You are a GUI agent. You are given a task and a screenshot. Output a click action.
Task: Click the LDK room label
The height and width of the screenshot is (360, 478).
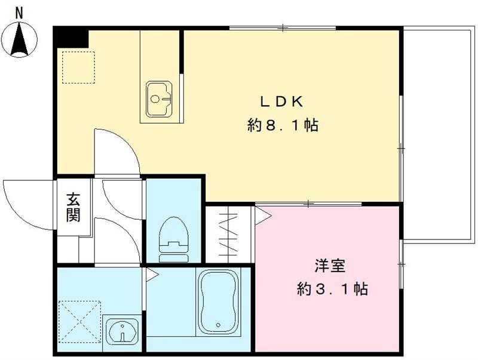coord(282,101)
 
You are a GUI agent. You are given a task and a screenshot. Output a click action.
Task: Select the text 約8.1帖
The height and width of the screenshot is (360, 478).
coord(282,126)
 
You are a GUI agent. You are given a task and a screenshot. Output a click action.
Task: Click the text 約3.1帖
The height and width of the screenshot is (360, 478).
coord(332,290)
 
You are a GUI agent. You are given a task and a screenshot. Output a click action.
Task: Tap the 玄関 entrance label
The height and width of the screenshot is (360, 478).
coord(73,207)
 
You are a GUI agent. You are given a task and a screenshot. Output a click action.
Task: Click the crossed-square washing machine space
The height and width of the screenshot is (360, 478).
coord(80,321)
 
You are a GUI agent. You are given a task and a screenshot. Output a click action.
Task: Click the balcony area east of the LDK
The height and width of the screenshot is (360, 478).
coord(437,131)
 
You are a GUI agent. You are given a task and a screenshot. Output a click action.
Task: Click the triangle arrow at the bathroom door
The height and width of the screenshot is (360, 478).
coord(151,275)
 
